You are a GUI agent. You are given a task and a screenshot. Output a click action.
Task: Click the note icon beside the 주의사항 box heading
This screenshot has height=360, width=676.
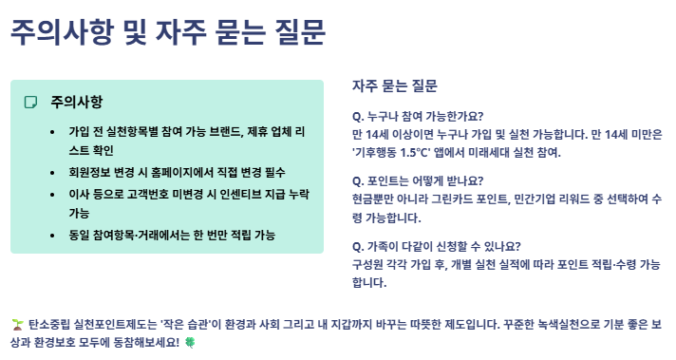[x=30, y=102]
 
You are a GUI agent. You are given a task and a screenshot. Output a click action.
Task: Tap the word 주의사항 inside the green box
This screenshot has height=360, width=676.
[x=77, y=102]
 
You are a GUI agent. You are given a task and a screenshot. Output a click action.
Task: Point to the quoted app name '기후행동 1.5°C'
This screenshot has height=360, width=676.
[x=391, y=151]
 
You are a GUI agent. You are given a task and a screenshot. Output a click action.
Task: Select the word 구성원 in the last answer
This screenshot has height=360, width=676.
[x=369, y=263]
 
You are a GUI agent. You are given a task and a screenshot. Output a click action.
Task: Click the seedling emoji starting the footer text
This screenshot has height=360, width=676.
[x=17, y=323]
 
